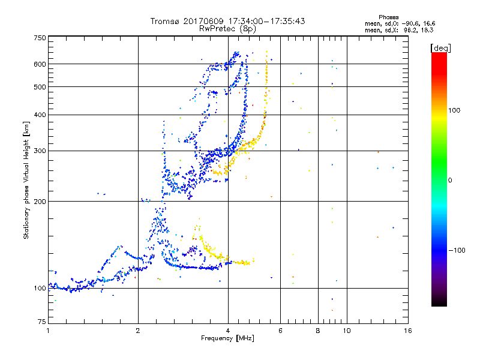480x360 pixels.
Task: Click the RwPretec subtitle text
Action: [217, 28]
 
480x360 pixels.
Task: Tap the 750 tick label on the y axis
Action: [40, 38]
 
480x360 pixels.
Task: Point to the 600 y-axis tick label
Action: [40, 64]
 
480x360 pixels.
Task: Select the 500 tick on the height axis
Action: [40, 87]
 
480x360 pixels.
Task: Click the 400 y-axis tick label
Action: [40, 115]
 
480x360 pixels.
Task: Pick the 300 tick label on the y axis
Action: [40, 151]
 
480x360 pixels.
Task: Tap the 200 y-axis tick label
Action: [40, 201]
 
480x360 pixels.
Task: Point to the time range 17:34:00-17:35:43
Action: [263, 21]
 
